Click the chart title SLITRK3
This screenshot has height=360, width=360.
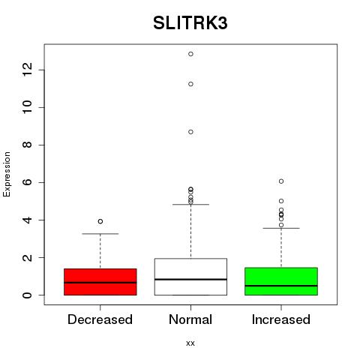190,23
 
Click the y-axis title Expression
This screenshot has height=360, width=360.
7,174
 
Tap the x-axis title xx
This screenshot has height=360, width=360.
190,343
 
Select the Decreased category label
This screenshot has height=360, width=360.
100,319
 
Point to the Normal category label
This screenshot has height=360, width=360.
190,319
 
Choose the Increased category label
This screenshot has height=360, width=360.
281,319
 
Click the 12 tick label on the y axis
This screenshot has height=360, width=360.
27,70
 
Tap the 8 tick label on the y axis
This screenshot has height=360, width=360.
27,145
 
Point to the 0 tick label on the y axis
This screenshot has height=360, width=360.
27,295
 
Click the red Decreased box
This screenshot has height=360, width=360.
100,282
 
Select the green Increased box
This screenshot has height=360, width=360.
281,281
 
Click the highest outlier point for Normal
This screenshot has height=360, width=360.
190,54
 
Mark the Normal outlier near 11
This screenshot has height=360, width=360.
190,84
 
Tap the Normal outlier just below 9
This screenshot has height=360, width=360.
190,132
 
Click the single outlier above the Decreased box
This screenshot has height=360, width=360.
100,221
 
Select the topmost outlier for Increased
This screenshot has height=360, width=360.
281,181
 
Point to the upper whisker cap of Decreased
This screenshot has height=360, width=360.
100,234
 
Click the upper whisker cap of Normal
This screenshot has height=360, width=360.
190,205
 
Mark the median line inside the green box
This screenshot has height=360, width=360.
281,286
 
